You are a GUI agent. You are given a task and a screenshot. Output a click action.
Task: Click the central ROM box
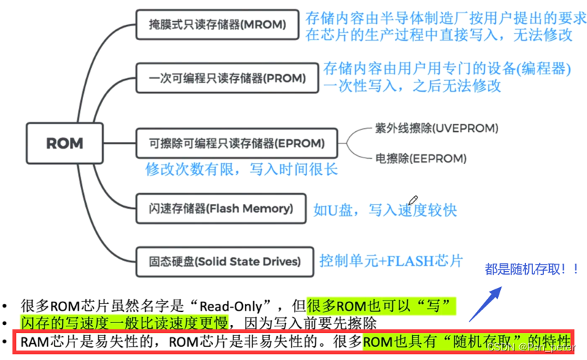(x=64, y=143)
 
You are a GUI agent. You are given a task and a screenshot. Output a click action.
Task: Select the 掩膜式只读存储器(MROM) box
(x=217, y=26)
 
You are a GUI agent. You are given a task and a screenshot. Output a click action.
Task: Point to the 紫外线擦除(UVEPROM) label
(x=436, y=128)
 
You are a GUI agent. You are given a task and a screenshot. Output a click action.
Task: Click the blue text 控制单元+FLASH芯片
(x=391, y=260)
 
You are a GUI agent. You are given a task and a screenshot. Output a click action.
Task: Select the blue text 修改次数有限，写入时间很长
(x=241, y=169)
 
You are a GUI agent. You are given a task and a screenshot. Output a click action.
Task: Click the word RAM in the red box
(x=34, y=341)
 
